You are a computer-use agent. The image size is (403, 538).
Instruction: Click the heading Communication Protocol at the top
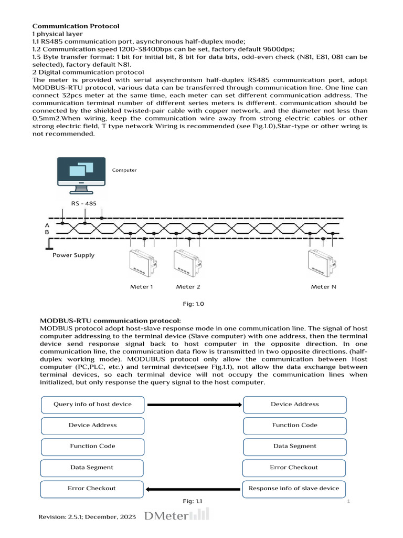tap(76, 26)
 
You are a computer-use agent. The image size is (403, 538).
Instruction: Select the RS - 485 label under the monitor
tap(83, 203)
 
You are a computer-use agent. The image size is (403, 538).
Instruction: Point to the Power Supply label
tap(73, 255)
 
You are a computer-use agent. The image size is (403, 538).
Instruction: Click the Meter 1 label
tap(142, 287)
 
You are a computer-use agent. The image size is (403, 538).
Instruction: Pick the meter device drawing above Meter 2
tap(187, 263)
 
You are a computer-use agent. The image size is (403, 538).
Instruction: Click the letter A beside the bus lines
tap(48, 224)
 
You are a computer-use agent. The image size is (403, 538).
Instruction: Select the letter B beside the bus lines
tap(48, 232)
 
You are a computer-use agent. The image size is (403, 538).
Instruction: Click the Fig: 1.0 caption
tap(192, 304)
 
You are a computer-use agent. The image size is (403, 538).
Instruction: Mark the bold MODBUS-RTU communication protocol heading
tap(110, 320)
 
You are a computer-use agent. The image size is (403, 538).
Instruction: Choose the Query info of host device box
tap(92, 405)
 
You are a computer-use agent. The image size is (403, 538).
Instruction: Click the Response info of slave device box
tap(294, 489)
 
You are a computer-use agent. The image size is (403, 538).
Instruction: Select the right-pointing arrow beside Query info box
tap(194, 405)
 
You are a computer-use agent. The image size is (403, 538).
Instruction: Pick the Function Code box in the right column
tap(294, 426)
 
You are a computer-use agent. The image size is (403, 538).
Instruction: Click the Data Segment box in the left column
tap(92, 468)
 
